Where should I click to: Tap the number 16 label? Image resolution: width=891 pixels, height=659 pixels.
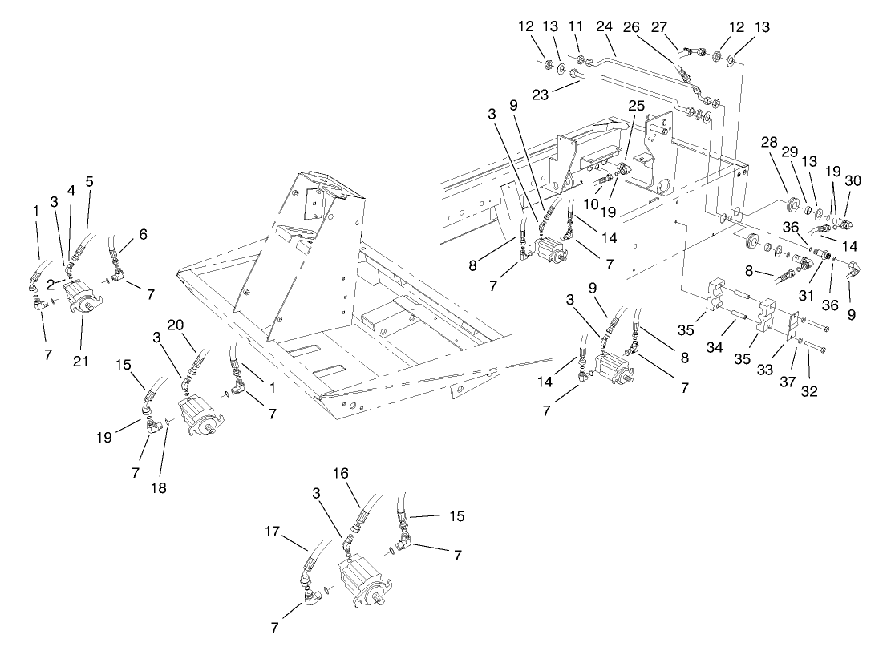tap(341, 475)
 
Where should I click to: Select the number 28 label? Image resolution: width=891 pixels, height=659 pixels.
tap(769, 142)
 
